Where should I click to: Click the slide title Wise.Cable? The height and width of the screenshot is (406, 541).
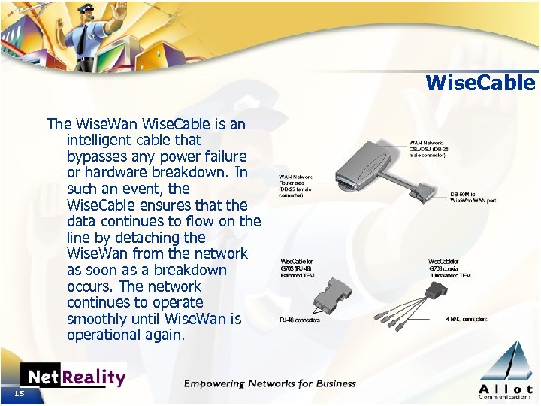[480, 82]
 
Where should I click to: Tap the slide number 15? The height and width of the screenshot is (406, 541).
[18, 394]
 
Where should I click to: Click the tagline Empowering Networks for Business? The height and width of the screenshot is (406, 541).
[270, 383]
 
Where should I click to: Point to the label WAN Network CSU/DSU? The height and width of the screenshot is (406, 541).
[429, 147]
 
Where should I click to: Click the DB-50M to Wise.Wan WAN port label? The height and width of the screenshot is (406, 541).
[473, 198]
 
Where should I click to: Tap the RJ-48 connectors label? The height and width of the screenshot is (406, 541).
[300, 320]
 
